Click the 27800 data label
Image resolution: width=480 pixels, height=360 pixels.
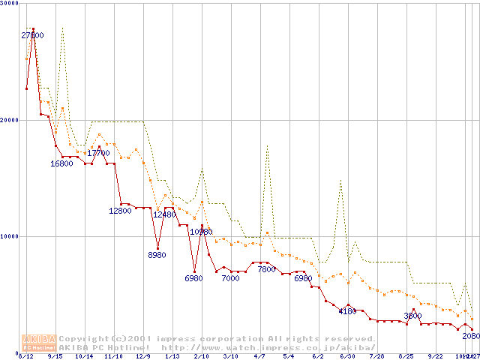click(x=32, y=35)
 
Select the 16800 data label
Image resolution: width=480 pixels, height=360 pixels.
click(x=61, y=163)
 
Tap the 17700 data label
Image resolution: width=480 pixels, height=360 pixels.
click(x=98, y=153)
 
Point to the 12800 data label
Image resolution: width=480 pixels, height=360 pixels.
click(x=120, y=211)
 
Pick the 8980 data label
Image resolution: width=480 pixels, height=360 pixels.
click(x=157, y=255)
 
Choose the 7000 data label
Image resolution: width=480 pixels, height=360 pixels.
click(x=230, y=278)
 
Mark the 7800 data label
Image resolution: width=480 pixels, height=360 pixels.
click(x=266, y=269)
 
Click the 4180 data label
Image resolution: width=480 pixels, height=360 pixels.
click(x=347, y=310)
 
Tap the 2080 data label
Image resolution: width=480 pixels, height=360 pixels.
click(x=471, y=336)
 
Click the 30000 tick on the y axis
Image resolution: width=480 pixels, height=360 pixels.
click(x=10, y=4)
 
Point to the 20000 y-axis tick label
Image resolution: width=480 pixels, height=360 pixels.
click(x=10, y=120)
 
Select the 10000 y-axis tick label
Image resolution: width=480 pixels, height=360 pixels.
click(x=10, y=236)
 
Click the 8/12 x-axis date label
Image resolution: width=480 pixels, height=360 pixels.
click(x=25, y=356)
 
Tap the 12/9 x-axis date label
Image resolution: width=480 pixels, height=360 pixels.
click(x=142, y=356)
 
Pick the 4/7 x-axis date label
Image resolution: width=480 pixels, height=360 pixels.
click(x=259, y=356)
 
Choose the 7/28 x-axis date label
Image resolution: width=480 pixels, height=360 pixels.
click(x=376, y=356)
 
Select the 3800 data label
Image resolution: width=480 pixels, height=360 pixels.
click(x=412, y=316)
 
